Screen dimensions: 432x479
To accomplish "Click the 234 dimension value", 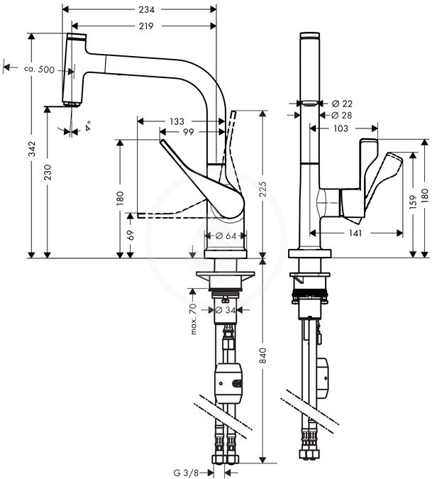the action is tap(147, 10).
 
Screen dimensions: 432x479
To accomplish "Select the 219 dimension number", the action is tap(146, 26).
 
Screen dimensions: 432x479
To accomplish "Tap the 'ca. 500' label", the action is tap(40, 70).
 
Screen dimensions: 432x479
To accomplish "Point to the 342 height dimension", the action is tap(32, 148).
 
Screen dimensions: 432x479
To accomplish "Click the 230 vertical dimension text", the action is tap(48, 172).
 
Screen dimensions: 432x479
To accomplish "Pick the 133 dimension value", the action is tap(177, 121).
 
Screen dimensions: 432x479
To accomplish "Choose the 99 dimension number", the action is tap(188, 132).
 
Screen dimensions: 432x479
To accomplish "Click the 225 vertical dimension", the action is tap(262, 189).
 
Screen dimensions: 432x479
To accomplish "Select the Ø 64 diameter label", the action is tap(226, 236).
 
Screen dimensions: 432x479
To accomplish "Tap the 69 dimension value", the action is tap(131, 236).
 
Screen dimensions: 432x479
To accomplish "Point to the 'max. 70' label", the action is tap(194, 319).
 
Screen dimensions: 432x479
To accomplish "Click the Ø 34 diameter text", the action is tap(226, 310).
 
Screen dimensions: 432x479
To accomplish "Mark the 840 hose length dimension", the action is tap(262, 356).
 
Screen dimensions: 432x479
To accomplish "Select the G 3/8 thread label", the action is tap(187, 473).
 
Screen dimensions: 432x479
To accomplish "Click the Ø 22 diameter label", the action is tap(342, 104).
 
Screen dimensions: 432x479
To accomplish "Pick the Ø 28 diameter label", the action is tap(342, 115).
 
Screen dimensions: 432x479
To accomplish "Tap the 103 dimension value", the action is tap(340, 128).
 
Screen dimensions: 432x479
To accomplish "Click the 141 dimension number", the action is tap(355, 233).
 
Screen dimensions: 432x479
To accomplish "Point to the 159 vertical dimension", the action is tap(413, 202).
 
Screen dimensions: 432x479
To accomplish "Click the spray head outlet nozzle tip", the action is tap(72, 104).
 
